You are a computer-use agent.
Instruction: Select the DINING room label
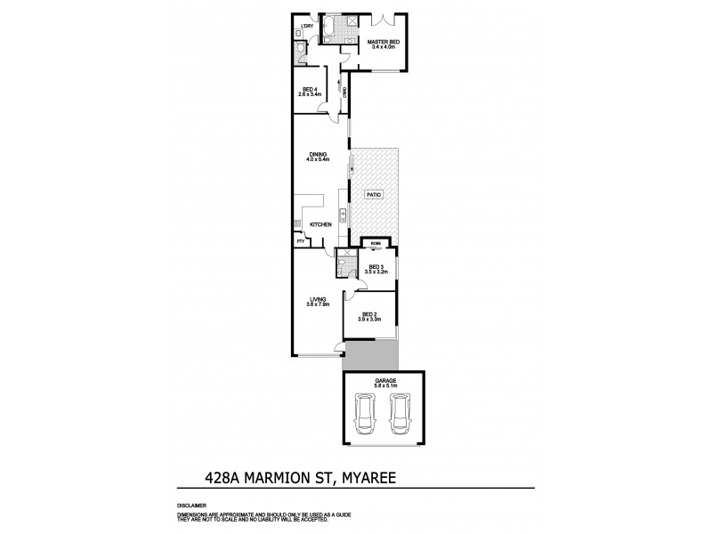click(319, 157)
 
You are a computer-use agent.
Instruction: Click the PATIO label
click(374, 193)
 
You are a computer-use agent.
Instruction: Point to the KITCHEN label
click(321, 224)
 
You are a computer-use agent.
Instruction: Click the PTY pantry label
click(300, 240)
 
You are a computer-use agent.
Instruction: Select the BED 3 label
click(376, 267)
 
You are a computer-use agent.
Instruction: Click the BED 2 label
click(368, 315)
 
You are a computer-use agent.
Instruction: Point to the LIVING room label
click(318, 301)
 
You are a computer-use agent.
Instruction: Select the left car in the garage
click(365, 416)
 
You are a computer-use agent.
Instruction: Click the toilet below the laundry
click(300, 51)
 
